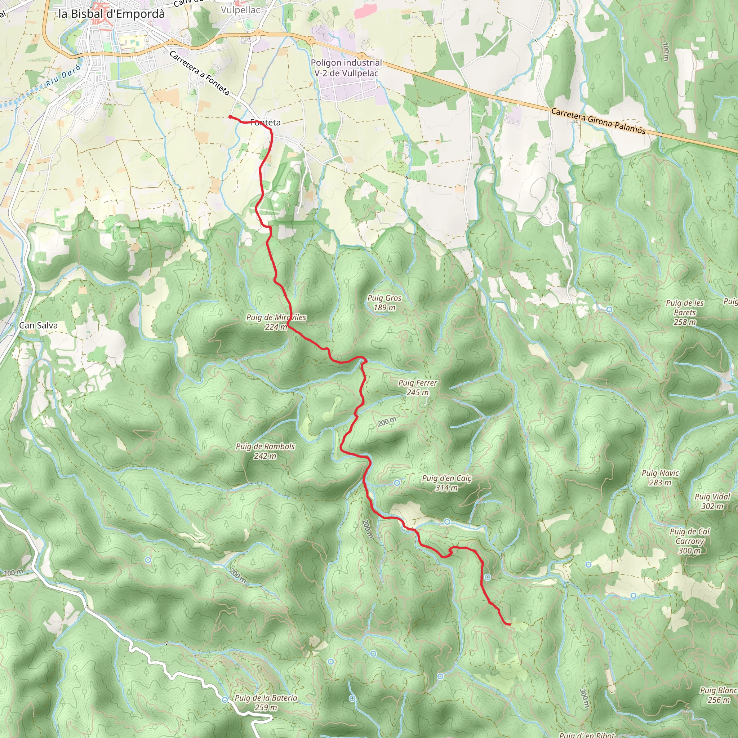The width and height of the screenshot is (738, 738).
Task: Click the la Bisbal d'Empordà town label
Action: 112,14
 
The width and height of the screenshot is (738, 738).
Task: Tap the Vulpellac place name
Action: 240,10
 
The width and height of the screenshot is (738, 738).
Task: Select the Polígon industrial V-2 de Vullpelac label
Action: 346,68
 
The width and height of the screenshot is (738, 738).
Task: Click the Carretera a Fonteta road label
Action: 199,73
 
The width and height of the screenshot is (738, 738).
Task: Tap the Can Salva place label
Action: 38,325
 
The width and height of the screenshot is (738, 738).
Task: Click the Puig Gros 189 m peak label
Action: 384,303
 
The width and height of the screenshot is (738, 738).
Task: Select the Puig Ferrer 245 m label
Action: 418,387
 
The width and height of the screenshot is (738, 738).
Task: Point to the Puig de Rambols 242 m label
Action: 265,451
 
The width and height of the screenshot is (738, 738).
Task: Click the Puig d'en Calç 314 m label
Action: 446,483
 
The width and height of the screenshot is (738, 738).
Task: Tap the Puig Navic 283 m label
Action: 660,477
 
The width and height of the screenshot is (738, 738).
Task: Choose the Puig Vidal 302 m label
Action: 712,501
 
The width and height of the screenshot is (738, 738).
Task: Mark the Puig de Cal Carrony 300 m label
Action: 689,541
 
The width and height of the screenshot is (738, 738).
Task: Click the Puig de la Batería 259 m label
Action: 266,702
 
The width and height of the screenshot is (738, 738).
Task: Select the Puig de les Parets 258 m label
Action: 685,312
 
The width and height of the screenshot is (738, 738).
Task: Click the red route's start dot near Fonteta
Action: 230,117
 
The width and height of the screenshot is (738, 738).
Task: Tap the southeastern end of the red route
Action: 510,624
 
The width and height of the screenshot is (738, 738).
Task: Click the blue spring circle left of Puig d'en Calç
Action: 397,483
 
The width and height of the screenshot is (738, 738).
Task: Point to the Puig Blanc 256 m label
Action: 718,695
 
